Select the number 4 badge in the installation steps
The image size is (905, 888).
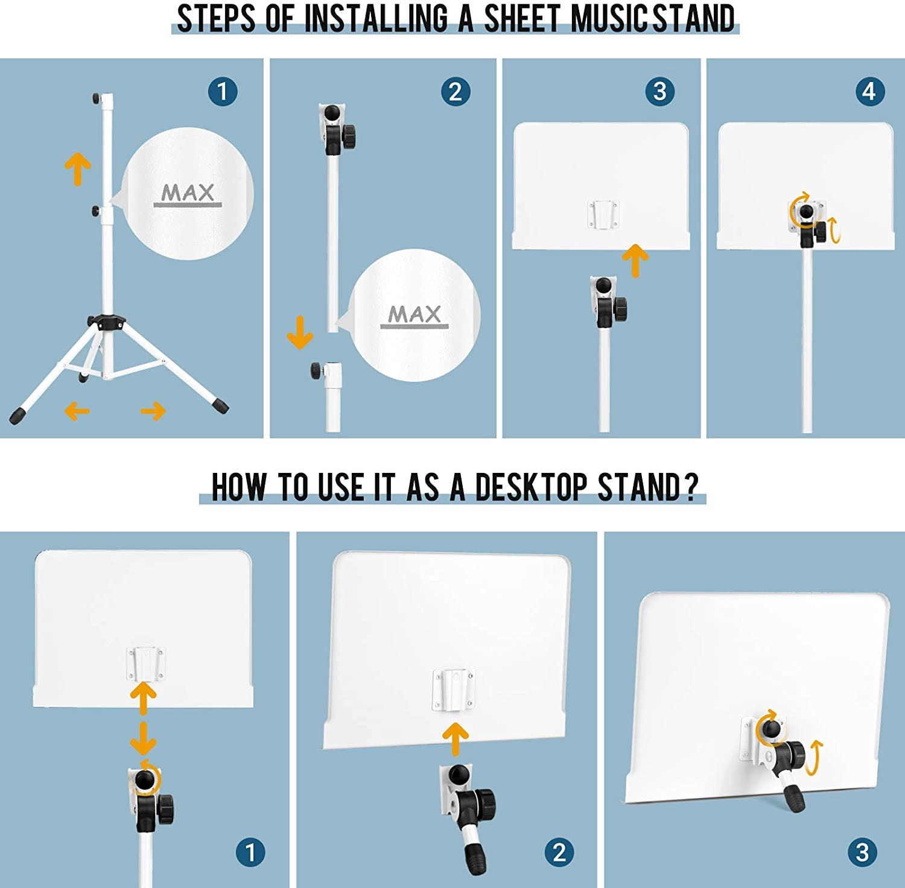click(x=869, y=92)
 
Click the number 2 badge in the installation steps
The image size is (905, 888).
click(x=456, y=92)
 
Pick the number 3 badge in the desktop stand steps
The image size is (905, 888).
click(x=862, y=852)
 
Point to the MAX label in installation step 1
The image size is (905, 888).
click(x=188, y=193)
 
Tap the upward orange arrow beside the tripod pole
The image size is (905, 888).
click(x=78, y=168)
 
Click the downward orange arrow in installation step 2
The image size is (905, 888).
click(x=300, y=332)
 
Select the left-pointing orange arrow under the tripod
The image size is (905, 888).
click(x=77, y=411)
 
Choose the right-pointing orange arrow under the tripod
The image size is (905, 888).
click(x=153, y=411)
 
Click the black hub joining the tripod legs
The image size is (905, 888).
click(x=106, y=322)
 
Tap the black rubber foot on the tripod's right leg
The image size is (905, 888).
click(x=221, y=405)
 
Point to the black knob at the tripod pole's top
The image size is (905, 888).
click(x=96, y=98)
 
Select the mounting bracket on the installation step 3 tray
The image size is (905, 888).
click(x=603, y=215)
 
